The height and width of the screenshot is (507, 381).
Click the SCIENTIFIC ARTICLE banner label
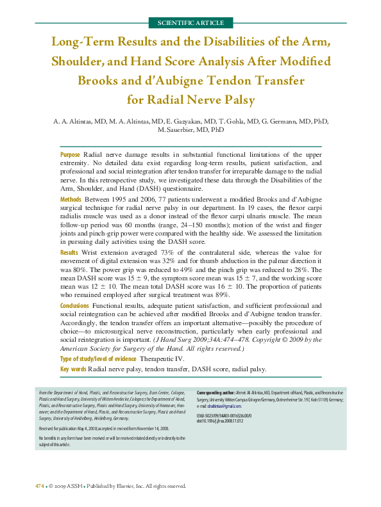coord(190,23)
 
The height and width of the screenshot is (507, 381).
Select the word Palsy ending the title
coord(238,101)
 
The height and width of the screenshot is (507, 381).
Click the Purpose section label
coord(70,156)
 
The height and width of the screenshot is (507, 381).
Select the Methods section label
coord(71,200)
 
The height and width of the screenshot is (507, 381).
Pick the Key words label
coord(73,369)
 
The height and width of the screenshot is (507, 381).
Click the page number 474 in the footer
coord(40,486)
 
